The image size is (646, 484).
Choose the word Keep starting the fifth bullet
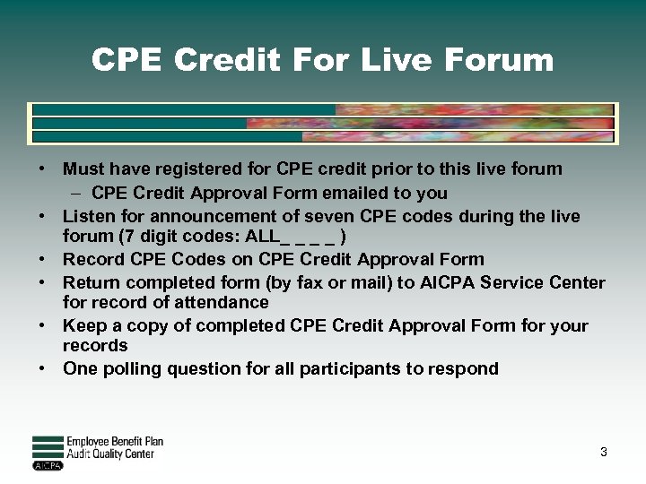83,324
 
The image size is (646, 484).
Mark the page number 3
604,452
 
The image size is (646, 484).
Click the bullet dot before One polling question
42,368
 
